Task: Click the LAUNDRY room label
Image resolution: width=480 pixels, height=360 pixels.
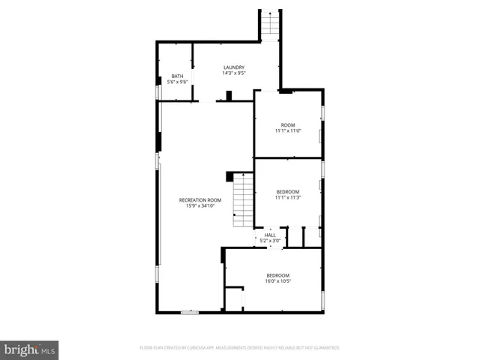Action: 233,67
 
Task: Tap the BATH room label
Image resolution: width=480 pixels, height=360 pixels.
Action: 177,76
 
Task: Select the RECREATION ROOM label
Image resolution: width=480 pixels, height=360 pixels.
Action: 200,199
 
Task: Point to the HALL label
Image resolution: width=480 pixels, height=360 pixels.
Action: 270,235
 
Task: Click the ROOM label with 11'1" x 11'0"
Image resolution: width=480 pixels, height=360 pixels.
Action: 288,124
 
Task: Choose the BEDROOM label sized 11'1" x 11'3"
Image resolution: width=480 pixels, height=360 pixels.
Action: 288,191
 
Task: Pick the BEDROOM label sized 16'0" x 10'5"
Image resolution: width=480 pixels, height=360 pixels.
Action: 277,275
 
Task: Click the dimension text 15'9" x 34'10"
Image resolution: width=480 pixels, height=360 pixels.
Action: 200,205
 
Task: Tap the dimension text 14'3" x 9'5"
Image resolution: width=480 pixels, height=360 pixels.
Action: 233,73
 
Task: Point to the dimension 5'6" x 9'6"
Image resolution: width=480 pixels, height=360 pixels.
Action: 177,82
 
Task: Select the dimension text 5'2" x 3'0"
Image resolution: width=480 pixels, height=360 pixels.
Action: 271,241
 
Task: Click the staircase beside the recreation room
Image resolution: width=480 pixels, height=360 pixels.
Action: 242,200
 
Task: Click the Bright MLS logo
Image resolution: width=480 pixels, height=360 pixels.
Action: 29,349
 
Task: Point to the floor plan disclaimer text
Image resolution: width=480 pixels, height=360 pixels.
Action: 239,348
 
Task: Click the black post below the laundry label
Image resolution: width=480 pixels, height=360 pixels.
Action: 229,95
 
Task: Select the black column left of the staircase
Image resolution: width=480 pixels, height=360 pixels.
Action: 229,176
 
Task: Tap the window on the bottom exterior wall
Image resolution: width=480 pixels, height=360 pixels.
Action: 190,311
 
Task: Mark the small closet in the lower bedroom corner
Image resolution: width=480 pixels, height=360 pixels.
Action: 235,298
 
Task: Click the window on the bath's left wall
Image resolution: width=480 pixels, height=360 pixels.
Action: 157,91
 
